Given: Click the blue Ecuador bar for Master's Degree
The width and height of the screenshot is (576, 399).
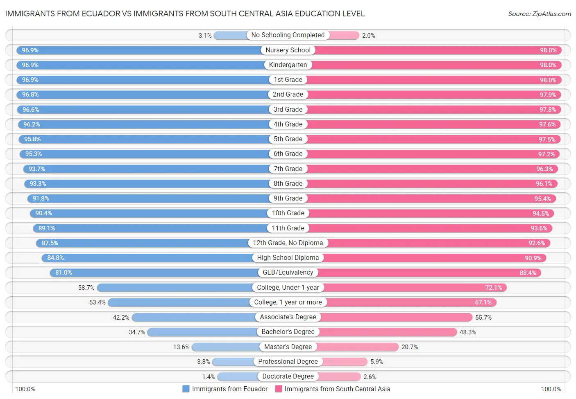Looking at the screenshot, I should click(x=225, y=347).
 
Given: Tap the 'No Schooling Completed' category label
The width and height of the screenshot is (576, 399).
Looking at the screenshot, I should click(x=288, y=35).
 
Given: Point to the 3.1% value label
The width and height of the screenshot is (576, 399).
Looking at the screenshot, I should click(x=205, y=36).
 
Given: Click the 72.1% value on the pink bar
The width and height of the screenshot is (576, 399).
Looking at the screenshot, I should click(x=493, y=288).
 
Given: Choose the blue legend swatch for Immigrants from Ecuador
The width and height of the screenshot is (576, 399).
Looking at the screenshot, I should click(x=186, y=389).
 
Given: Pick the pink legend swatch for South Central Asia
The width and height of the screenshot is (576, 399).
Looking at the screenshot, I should click(x=279, y=389).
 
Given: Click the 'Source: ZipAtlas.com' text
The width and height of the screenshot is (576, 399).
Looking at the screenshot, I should click(x=539, y=14).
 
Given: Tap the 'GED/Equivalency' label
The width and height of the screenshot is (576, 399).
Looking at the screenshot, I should click(x=288, y=273).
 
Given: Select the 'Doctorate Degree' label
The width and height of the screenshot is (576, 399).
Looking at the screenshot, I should click(x=288, y=376).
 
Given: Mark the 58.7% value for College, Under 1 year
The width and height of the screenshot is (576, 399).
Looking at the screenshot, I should click(x=86, y=288).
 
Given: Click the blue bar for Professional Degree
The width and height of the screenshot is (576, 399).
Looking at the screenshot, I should click(x=234, y=362).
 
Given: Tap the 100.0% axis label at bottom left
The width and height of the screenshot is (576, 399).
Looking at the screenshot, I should click(x=25, y=389).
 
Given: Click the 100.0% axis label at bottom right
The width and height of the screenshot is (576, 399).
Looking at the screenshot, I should click(x=551, y=389).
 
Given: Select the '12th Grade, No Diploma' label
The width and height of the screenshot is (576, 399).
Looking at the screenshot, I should click(x=288, y=243).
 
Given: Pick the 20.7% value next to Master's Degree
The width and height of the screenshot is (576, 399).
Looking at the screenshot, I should click(x=410, y=347).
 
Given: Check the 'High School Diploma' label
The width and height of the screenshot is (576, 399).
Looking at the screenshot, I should click(x=288, y=258).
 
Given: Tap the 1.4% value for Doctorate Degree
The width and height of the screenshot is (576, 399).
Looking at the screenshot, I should click(x=209, y=377).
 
